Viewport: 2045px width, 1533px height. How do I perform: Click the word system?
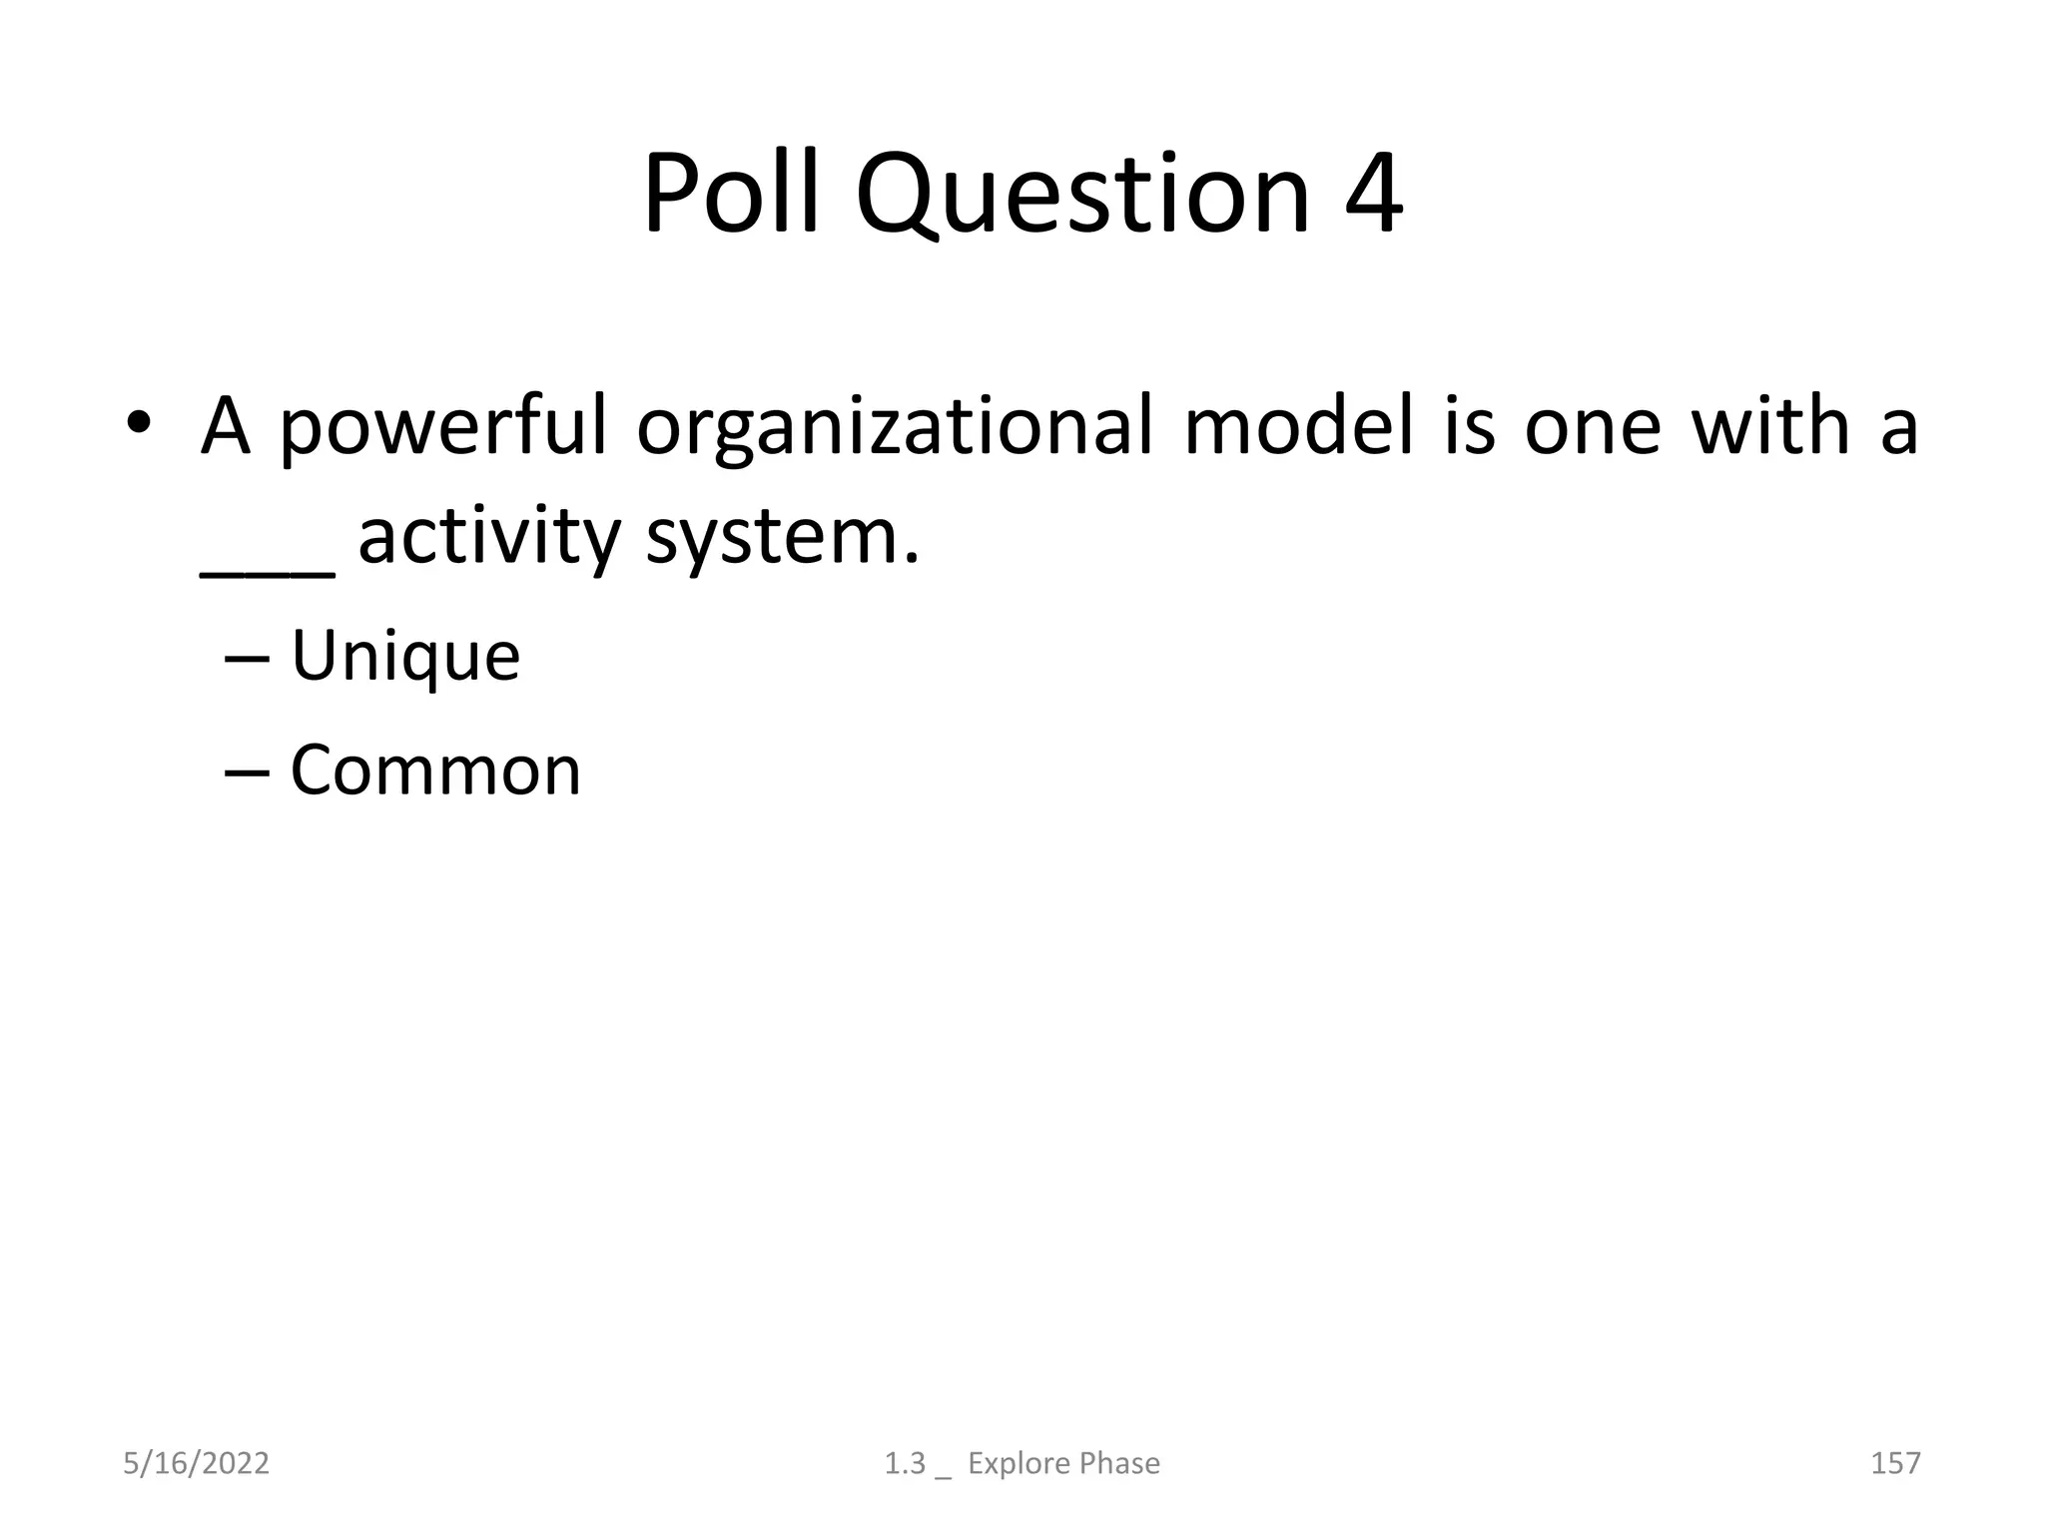(781, 539)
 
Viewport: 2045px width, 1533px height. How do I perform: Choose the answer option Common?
(434, 770)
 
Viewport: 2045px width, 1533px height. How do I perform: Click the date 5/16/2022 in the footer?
(196, 1463)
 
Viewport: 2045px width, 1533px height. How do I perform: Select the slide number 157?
(1894, 1463)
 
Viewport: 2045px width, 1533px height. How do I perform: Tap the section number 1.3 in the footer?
(905, 1463)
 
